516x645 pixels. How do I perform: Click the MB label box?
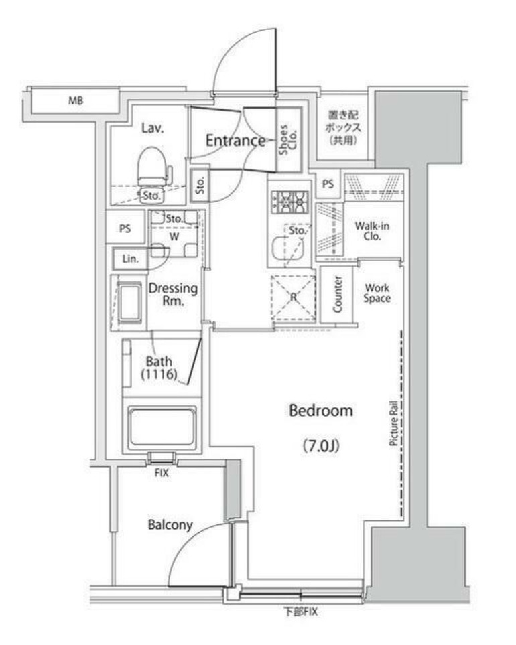pos(75,102)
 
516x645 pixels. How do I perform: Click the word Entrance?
pos(235,141)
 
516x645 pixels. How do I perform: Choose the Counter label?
pos(338,293)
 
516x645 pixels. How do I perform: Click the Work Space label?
pos(377,293)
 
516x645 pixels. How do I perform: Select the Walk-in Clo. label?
pos(372,231)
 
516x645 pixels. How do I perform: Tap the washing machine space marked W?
pos(173,236)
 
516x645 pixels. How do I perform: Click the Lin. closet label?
pos(130,259)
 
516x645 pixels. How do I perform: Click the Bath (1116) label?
pos(158,368)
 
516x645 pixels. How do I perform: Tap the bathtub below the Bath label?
pos(163,424)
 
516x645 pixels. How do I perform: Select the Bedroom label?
pos(320,411)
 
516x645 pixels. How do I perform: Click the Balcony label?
pos(170,525)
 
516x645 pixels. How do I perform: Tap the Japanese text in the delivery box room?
pos(343,127)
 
